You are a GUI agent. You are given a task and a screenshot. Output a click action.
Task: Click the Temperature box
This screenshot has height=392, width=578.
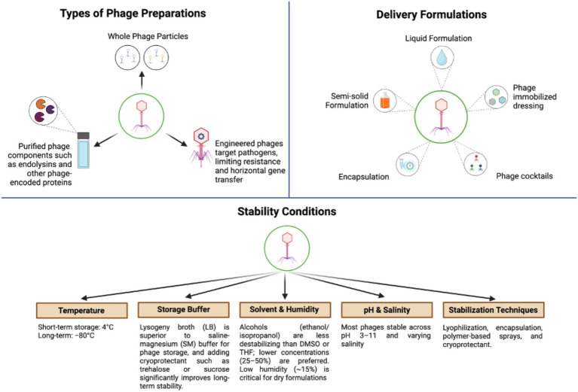pos(82,310)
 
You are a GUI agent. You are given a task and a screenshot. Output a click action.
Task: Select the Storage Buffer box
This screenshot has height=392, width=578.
pos(184,309)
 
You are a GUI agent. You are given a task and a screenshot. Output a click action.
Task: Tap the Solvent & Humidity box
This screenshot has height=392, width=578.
pos(285,309)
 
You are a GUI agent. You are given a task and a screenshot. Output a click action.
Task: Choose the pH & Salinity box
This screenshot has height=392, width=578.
pos(387,310)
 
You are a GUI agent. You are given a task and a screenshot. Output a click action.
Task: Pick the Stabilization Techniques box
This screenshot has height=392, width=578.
pos(493,310)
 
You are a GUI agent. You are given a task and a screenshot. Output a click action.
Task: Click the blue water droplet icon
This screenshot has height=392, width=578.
pos(442,58)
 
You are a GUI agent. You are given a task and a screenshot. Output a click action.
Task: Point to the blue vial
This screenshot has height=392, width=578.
pos(84,150)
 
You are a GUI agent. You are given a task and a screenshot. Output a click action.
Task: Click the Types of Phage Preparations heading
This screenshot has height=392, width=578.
pos(133,14)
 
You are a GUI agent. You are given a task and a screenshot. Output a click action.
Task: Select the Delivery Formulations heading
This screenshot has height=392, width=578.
pos(431,15)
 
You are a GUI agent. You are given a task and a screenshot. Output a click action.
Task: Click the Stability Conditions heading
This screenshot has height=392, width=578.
pos(287,211)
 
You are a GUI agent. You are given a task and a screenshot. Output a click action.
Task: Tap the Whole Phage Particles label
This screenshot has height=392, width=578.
pos(148,36)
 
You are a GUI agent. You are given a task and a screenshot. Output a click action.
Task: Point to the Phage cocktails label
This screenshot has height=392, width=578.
pos(524,176)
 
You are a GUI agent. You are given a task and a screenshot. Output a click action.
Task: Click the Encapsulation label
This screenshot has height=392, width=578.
pos(363,177)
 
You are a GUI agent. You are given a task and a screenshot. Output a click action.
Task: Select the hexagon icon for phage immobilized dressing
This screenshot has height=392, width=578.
pos(496,97)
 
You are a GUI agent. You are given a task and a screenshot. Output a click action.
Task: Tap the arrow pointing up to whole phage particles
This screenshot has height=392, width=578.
pos(142,81)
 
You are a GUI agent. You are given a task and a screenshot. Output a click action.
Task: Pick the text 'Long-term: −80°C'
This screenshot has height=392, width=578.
pos(66,336)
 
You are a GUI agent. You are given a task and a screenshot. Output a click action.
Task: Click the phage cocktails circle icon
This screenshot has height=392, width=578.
pos(476,164)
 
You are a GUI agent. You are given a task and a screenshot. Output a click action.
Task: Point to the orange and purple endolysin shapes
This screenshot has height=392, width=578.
pos(44,111)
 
